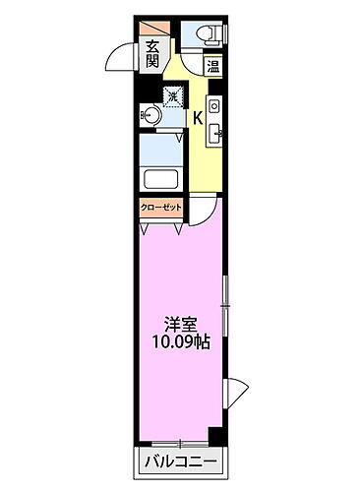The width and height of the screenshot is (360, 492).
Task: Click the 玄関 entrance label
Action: pos(153,53)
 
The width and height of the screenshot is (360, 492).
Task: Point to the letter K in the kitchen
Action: pos(197,119)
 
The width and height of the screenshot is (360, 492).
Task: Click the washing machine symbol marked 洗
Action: pos(174,95)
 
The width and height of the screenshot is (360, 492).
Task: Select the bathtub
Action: pos(160,181)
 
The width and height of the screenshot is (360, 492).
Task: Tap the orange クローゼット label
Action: pos(160,209)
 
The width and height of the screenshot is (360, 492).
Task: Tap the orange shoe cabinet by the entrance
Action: pos(152,27)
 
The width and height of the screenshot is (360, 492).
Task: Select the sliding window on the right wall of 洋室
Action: pos(225,305)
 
